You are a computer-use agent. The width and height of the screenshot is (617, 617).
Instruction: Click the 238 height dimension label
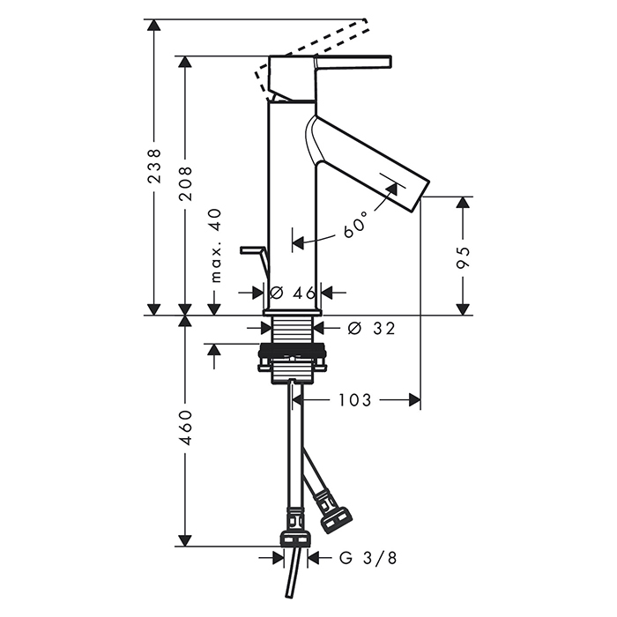154,166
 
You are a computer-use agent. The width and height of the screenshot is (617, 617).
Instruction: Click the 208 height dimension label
185,183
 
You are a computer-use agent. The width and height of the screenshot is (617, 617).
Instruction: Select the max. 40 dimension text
216,246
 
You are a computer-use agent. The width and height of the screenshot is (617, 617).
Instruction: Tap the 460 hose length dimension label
185,427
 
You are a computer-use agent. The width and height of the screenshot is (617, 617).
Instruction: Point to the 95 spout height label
464,257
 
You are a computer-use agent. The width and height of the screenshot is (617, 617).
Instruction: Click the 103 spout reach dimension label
355,400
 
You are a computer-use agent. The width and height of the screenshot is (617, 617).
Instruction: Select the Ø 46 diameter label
293,293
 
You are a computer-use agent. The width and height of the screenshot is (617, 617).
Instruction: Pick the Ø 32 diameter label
371,328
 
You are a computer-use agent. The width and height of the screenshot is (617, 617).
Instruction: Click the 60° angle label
355,224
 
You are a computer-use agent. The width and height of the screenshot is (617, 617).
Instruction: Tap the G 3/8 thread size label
368,558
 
